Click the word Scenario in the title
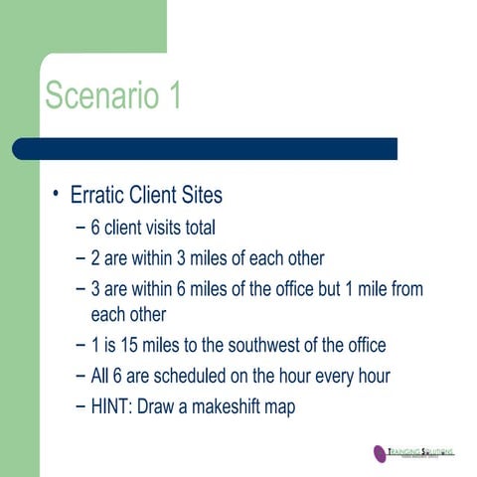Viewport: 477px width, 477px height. click(x=97, y=96)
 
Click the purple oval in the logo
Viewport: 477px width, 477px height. click(x=380, y=453)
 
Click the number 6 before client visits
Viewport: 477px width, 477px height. click(x=95, y=228)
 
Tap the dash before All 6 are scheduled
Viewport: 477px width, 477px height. click(x=79, y=377)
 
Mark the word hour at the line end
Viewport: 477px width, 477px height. click(x=363, y=377)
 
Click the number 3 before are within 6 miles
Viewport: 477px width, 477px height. click(x=95, y=289)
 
